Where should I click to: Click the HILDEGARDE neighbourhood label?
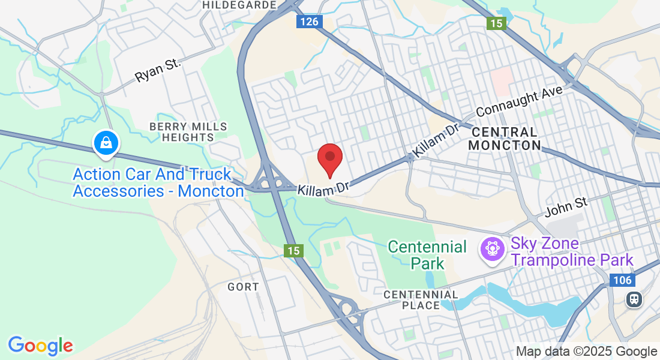click(x=239, y=5)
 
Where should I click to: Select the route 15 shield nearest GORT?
click(x=293, y=251)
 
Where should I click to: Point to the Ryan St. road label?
click(x=157, y=70)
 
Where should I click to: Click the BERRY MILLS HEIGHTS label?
click(x=188, y=131)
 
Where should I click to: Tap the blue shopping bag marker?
click(x=106, y=143)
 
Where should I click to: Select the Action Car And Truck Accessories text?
click(x=158, y=182)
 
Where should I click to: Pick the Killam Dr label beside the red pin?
click(x=324, y=188)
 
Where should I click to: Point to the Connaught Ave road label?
click(x=520, y=101)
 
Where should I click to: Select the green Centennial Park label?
click(x=427, y=254)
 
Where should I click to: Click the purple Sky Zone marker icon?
click(x=493, y=248)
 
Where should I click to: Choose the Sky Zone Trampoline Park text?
click(x=572, y=252)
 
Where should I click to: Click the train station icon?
click(x=633, y=299)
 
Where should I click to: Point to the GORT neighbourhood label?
click(x=243, y=287)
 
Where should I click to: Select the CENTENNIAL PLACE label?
click(x=421, y=300)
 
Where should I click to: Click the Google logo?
click(x=40, y=346)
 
